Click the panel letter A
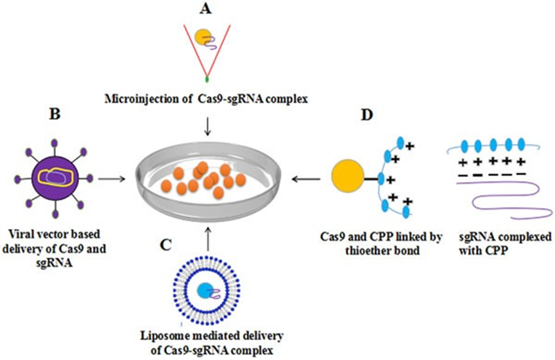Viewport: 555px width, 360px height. click(205, 9)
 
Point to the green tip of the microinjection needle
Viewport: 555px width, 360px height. click(207, 80)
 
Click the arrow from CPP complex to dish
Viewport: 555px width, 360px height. click(304, 176)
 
